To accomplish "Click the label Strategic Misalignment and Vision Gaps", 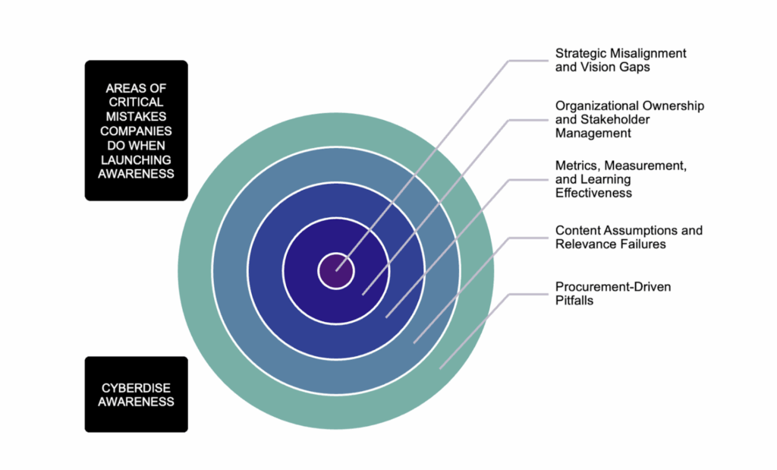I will [x=620, y=60].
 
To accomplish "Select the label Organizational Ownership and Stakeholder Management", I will [x=629, y=119].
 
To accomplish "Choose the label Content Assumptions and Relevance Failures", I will [x=628, y=237].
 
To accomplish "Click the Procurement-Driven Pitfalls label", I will [x=613, y=293].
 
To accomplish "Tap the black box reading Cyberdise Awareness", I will [x=136, y=395].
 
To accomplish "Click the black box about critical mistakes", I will [x=136, y=131].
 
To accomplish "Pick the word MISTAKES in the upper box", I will [x=136, y=116].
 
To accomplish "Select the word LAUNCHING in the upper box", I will [x=136, y=159].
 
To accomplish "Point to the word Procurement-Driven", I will [x=613, y=286].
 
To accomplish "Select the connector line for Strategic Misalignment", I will [x=425, y=168].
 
